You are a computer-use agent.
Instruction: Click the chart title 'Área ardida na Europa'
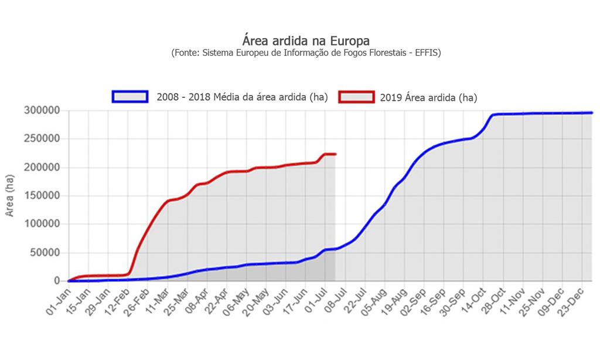(306, 41)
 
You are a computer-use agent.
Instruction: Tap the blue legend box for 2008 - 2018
(129, 97)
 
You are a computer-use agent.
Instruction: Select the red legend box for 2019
(356, 97)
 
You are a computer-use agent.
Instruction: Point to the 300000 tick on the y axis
(42, 110)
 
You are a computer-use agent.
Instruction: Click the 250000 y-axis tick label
(42, 139)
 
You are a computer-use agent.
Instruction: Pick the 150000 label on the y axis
(42, 196)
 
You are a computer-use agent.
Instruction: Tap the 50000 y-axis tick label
(45, 253)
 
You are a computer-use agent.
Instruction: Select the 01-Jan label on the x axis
(58, 299)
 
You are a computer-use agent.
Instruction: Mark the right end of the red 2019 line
(335, 154)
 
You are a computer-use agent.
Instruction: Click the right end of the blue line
(591, 113)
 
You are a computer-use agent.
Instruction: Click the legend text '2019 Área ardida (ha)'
(428, 97)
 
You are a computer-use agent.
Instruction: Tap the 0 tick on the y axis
(57, 281)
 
